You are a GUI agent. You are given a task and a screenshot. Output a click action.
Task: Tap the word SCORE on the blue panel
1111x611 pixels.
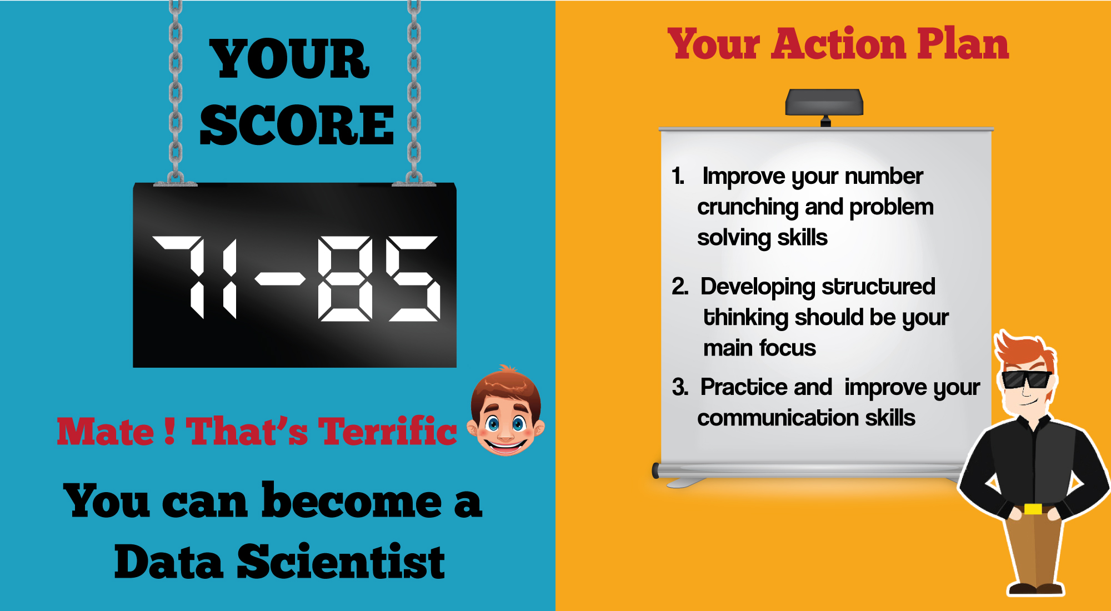click(x=297, y=126)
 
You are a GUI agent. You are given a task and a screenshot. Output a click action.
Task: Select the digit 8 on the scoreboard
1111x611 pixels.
click(x=345, y=278)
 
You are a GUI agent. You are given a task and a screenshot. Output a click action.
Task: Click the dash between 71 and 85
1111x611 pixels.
click(x=281, y=278)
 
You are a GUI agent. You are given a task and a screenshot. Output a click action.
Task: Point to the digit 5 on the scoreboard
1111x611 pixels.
click(x=413, y=278)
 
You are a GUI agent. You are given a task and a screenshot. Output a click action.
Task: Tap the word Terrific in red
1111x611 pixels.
click(x=387, y=431)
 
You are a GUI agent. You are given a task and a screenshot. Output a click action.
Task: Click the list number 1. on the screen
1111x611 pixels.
click(x=678, y=176)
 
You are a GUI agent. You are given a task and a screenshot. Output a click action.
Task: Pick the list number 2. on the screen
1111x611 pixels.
click(x=680, y=287)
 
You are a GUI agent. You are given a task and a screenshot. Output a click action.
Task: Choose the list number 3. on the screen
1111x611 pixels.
click(x=680, y=387)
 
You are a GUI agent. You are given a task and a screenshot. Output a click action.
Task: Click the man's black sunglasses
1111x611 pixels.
click(x=1025, y=379)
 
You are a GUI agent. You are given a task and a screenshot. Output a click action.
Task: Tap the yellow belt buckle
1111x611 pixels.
click(x=1033, y=509)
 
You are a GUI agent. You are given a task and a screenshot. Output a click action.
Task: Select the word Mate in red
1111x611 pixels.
click(x=106, y=432)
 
